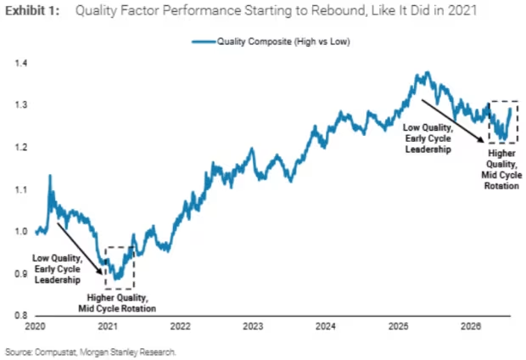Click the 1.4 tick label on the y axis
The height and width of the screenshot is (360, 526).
(x=21, y=63)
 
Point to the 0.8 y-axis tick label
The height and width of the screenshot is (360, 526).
(x=21, y=315)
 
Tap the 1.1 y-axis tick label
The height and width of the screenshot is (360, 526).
(x=21, y=189)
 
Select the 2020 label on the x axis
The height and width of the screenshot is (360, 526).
(x=36, y=326)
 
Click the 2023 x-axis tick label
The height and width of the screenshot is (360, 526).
(x=253, y=326)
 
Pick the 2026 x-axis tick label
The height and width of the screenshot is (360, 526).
(x=471, y=326)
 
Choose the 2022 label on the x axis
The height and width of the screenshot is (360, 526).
(x=181, y=326)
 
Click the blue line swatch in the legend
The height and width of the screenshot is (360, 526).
(x=204, y=42)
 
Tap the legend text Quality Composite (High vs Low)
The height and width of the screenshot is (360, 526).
(x=283, y=42)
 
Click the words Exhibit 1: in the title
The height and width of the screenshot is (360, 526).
(x=32, y=11)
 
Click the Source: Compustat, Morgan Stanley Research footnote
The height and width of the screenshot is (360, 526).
(x=91, y=352)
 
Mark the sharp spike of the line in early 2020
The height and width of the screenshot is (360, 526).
(x=50, y=175)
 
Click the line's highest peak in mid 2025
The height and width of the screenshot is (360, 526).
(x=427, y=72)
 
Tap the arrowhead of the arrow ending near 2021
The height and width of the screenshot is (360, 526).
(x=100, y=272)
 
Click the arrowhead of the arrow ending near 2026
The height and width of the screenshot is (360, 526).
(x=481, y=139)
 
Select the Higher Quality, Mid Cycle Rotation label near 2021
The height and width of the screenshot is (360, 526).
(x=117, y=303)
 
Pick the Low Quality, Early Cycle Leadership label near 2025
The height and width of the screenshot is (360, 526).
(x=428, y=138)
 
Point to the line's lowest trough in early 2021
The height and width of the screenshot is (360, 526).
(x=116, y=278)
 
